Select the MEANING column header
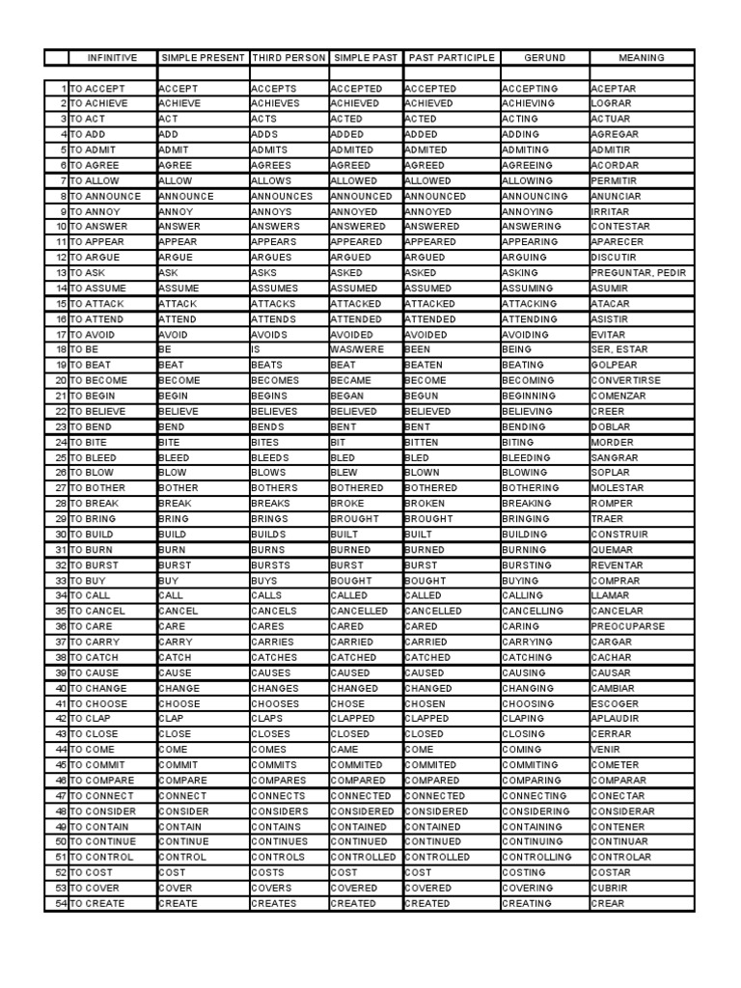click(x=642, y=58)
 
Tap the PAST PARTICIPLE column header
click(x=452, y=58)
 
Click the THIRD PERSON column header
click(x=288, y=58)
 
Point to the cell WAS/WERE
click(x=356, y=349)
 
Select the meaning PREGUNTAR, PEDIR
click(x=638, y=273)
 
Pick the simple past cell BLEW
click(x=345, y=473)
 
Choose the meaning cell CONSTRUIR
click(x=619, y=535)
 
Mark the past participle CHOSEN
click(x=425, y=703)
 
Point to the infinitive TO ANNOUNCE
click(x=105, y=196)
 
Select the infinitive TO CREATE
click(x=97, y=903)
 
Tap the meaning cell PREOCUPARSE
click(x=626, y=626)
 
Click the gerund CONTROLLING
click(x=536, y=857)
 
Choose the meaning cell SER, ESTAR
click(x=619, y=349)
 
